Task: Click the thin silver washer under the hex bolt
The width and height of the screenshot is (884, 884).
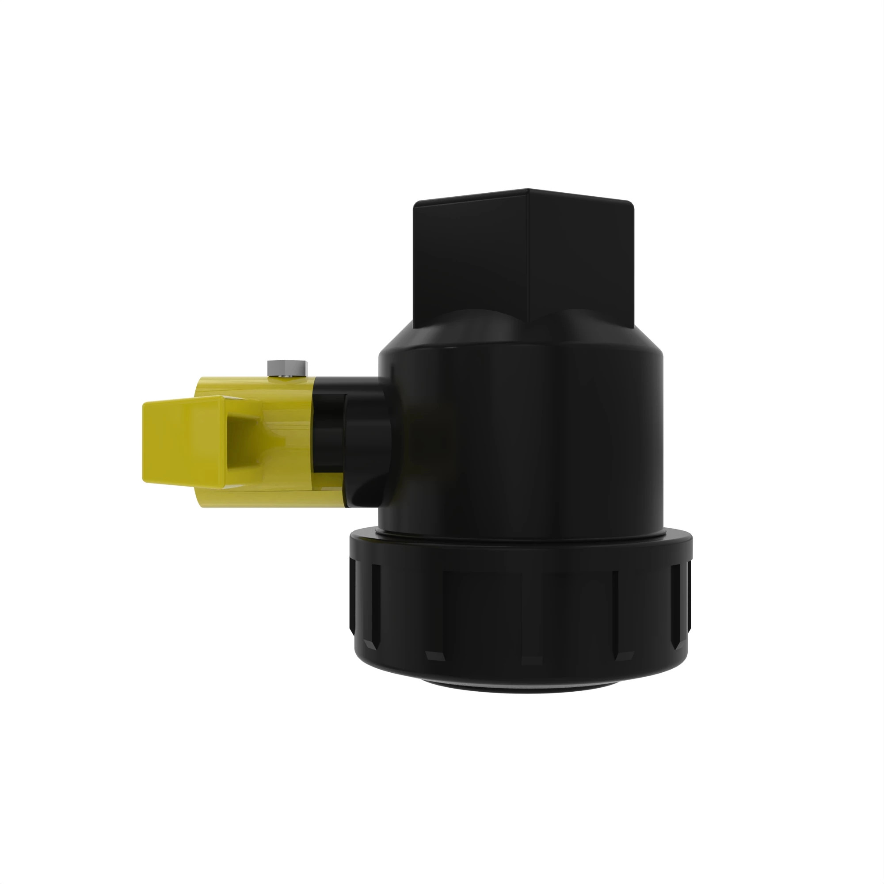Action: click(287, 376)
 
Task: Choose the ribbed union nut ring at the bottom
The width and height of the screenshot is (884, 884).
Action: click(522, 609)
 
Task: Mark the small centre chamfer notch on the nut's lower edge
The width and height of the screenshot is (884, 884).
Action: click(532, 660)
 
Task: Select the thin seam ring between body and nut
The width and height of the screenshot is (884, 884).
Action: click(522, 534)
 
